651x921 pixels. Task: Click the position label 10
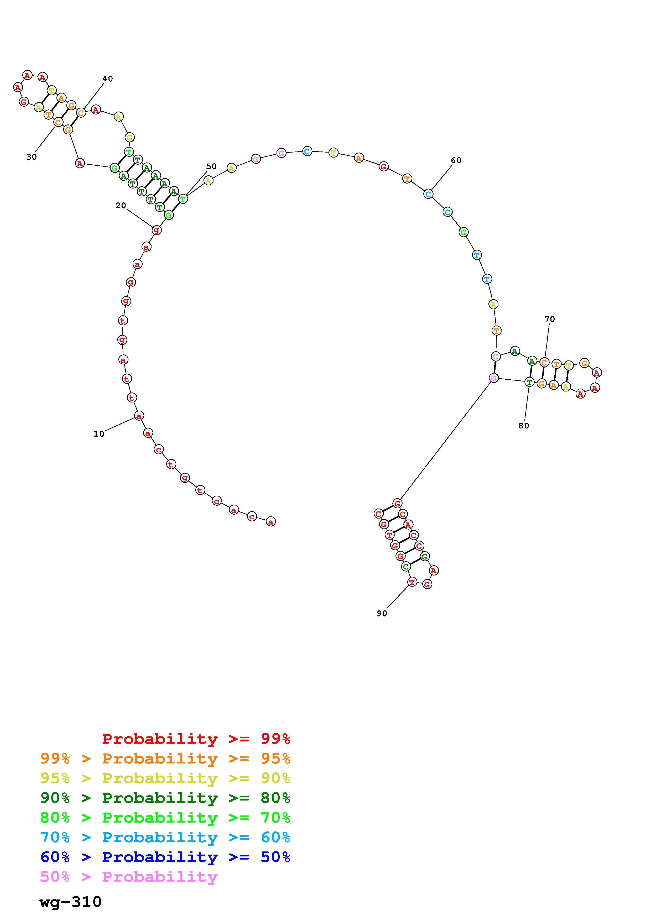pos(99,434)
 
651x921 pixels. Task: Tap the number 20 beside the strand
pos(121,206)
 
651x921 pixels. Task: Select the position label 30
pos(32,157)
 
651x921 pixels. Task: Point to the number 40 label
pos(107,79)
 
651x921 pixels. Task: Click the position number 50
pos(211,166)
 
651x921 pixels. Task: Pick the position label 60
pos(456,160)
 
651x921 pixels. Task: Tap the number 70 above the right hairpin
pos(550,319)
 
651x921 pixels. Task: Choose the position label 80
pos(524,426)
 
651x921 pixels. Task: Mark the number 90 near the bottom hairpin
pos(382,614)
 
